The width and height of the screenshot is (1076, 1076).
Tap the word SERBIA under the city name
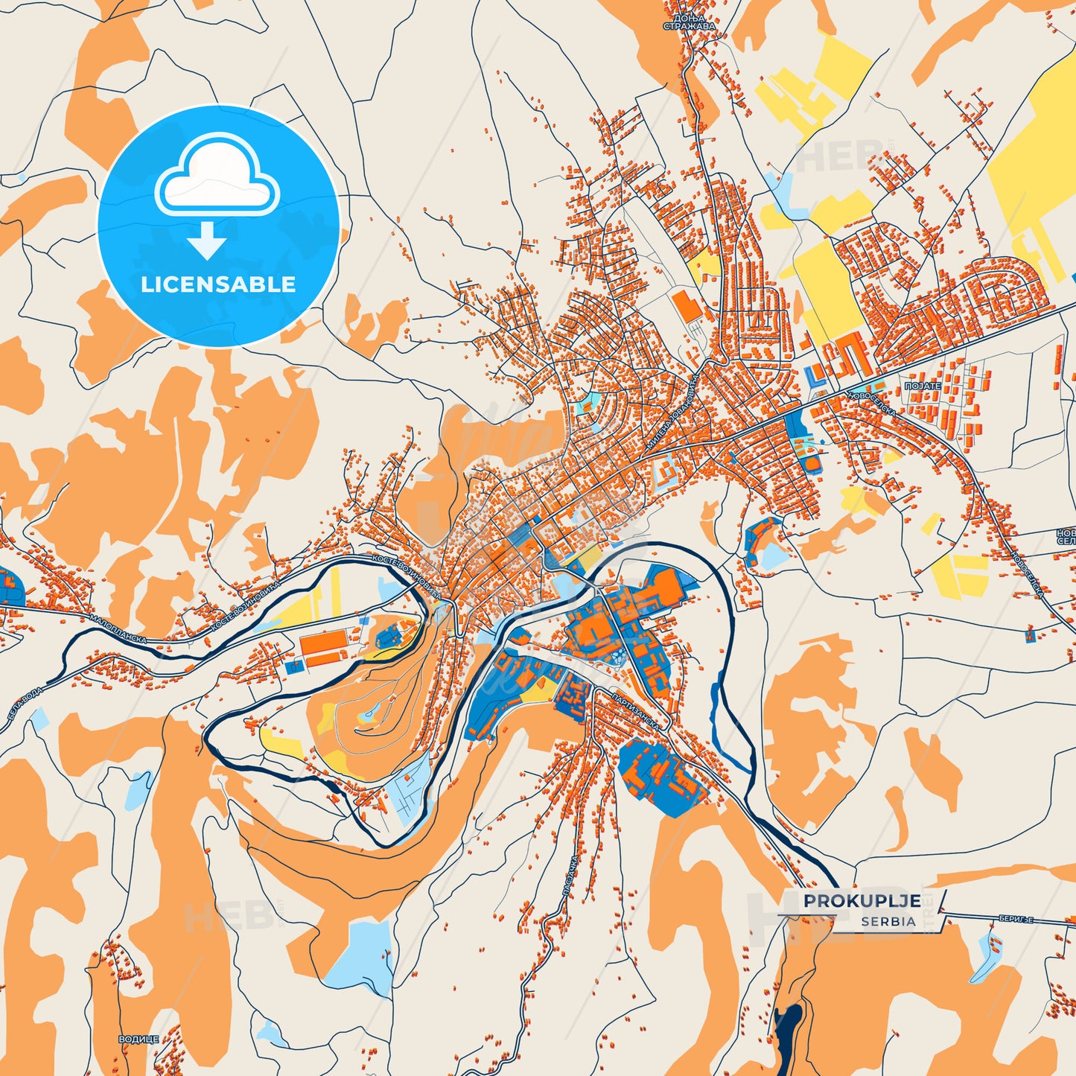(x=888, y=921)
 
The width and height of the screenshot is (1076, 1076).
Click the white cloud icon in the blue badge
(x=217, y=176)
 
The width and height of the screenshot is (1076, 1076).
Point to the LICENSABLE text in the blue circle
(x=218, y=284)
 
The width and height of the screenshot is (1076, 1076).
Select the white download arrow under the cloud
(x=206, y=241)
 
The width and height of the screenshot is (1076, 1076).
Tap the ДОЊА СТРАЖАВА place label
(x=689, y=22)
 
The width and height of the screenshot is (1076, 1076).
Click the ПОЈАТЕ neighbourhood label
(x=923, y=386)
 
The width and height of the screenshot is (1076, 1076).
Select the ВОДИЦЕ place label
(x=139, y=1039)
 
